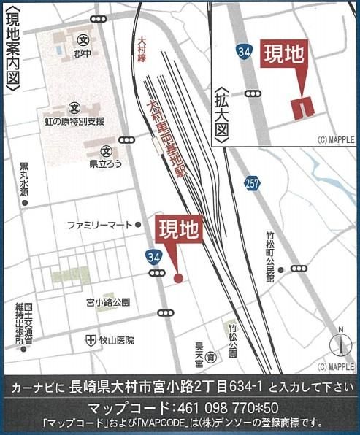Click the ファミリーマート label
coord(99,224)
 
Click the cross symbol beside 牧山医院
coord(91,339)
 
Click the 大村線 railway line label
coord(142,47)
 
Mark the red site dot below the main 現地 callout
coord(178,278)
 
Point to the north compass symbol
coord(339,342)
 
